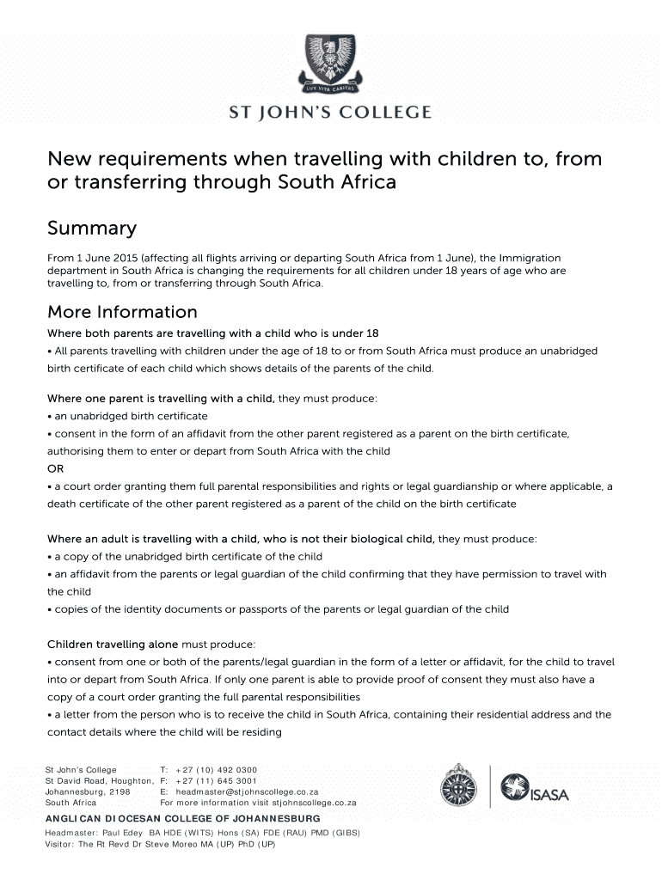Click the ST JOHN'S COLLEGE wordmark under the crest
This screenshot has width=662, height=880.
[330, 113]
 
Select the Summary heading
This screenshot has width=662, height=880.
[92, 229]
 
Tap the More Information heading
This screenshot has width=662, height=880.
[122, 312]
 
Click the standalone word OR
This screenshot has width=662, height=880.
[55, 468]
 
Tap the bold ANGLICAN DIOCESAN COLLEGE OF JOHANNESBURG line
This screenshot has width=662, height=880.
[182, 818]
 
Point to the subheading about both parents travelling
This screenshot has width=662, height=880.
[212, 333]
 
